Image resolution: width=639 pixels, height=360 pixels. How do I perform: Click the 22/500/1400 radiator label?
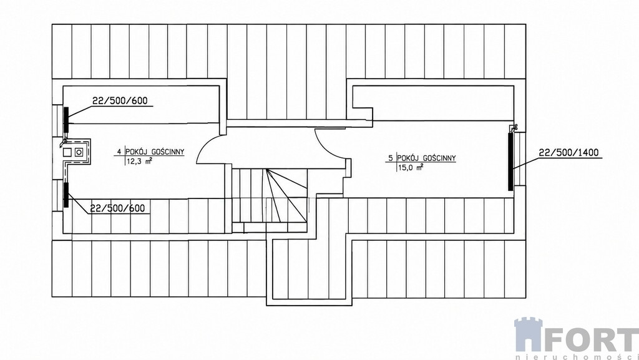pos(568,153)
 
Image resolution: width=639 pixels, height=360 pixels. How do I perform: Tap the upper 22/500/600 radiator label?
pos(120,100)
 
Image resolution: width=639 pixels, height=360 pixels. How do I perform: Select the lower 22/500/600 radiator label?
pos(117,208)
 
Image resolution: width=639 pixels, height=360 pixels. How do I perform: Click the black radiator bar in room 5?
pos(510,161)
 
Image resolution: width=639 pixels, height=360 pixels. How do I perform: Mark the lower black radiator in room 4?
pos(66,195)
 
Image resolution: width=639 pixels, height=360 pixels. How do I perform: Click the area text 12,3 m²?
pos(140,161)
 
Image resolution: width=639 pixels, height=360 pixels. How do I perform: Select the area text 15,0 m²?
pos(409,167)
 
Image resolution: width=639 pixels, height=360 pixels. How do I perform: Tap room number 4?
pos(119,152)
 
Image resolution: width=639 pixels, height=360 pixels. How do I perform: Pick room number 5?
pos(391,158)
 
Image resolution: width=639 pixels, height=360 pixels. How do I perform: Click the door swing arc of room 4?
pos(207,146)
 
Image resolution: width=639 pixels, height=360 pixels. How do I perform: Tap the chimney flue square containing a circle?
pos(79,152)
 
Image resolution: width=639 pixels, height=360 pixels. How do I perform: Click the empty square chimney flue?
pos(67,152)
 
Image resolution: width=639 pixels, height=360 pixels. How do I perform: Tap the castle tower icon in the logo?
pos(528,335)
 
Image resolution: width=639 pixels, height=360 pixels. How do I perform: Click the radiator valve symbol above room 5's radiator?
pos(513,128)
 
